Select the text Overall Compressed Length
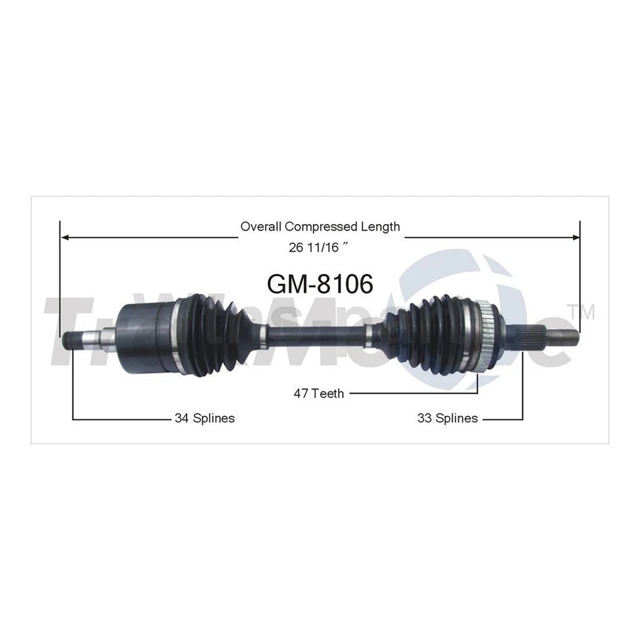(320, 227)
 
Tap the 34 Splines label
(204, 419)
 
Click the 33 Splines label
(447, 419)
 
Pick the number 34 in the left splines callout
(181, 419)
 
